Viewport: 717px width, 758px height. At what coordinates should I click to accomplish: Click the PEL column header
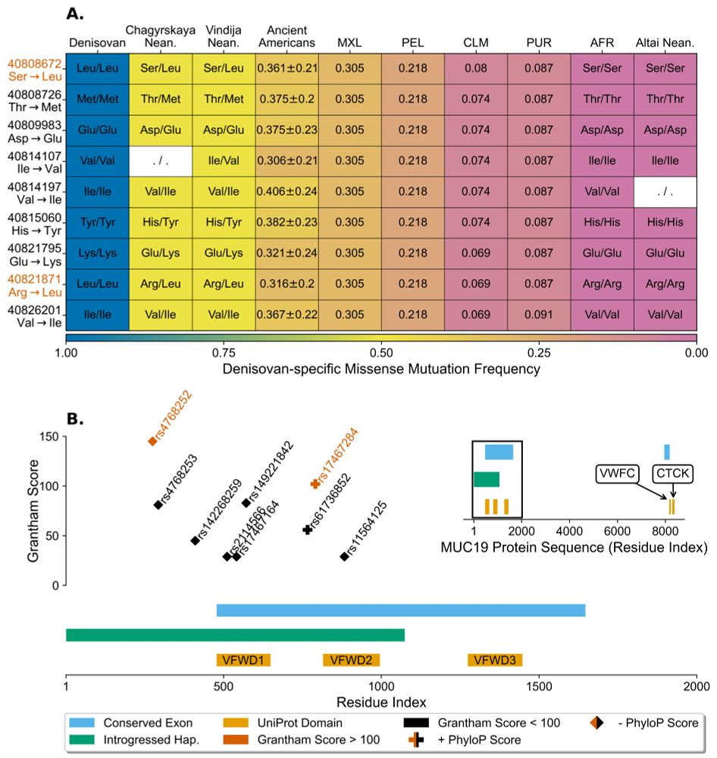point(412,42)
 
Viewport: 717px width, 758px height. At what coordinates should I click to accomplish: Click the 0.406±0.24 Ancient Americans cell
point(286,193)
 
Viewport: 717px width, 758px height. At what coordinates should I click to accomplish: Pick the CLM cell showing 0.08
point(475,68)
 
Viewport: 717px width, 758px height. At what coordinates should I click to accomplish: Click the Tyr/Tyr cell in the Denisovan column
point(97,223)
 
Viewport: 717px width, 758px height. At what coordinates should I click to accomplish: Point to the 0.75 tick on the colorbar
point(224,352)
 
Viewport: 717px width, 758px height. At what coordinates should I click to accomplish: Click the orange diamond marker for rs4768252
point(152,441)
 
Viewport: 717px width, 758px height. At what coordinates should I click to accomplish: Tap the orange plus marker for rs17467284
point(315,484)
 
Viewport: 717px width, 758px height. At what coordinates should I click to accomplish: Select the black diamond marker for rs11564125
point(344,556)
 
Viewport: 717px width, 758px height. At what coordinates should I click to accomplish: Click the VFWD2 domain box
point(351,659)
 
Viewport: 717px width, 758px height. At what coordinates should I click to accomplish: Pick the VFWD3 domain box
point(495,659)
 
